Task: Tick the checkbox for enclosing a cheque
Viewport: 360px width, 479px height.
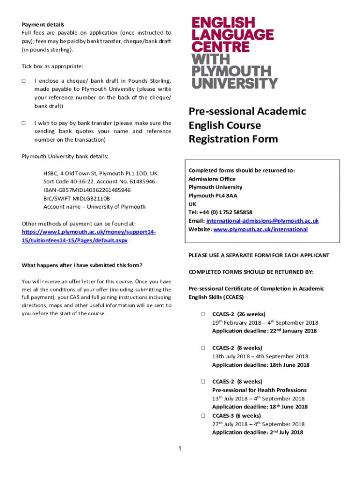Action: click(x=24, y=81)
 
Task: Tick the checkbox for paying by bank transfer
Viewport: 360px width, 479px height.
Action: click(x=24, y=123)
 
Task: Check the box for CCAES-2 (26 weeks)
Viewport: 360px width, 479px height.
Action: click(x=203, y=314)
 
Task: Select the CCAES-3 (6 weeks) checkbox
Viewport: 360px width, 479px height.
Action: click(x=203, y=415)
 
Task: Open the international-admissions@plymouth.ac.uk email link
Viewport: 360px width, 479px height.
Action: click(x=262, y=221)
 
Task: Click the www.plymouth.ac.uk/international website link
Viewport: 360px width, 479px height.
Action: click(x=260, y=229)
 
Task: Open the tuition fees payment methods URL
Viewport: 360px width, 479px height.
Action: click(x=89, y=236)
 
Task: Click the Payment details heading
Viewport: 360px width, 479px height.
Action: click(x=43, y=24)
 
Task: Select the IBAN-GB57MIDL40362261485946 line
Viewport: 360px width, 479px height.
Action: click(x=87, y=190)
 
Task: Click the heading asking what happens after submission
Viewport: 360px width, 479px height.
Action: click(x=82, y=265)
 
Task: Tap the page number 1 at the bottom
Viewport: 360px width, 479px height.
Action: click(x=180, y=450)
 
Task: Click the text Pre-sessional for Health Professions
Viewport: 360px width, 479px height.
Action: click(x=259, y=390)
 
